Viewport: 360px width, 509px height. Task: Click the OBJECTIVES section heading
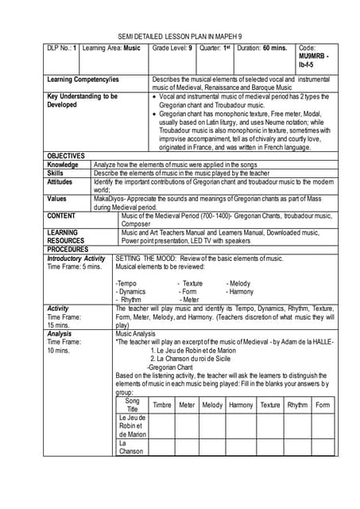click(x=67, y=155)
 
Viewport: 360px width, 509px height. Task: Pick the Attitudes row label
click(x=62, y=181)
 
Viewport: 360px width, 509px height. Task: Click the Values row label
click(x=57, y=198)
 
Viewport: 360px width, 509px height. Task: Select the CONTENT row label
click(x=62, y=215)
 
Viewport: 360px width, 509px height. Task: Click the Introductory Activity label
click(x=76, y=258)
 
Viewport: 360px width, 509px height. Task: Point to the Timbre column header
click(x=161, y=405)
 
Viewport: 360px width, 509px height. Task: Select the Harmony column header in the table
click(x=240, y=405)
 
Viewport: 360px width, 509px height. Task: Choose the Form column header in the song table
click(x=323, y=405)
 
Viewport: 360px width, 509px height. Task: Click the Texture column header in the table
click(x=269, y=405)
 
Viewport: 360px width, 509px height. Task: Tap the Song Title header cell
click(x=132, y=405)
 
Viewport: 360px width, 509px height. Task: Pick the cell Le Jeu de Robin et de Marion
click(x=132, y=425)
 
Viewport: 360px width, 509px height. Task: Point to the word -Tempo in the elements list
click(x=126, y=283)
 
